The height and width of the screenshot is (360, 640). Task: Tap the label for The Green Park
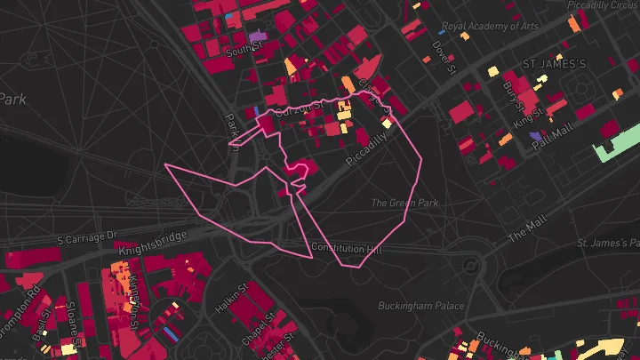pyautogui.click(x=405, y=204)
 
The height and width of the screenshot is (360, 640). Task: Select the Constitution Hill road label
pyautogui.click(x=346, y=247)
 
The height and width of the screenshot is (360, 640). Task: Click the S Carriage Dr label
pyautogui.click(x=87, y=238)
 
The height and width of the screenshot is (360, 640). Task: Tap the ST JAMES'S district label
pyautogui.click(x=554, y=64)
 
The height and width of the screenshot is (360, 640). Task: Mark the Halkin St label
pyautogui.click(x=230, y=300)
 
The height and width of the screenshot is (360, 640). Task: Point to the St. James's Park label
pyautogui.click(x=608, y=242)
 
